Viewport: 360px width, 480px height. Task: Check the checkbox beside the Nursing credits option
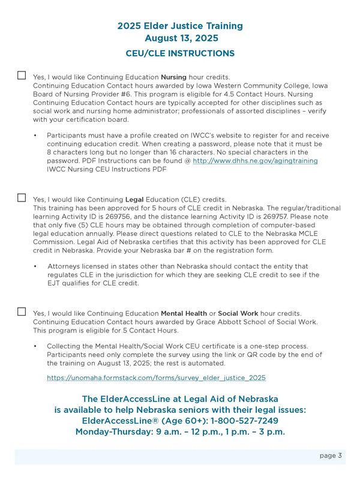[x=22, y=75]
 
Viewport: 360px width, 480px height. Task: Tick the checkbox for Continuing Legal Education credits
[x=22, y=197]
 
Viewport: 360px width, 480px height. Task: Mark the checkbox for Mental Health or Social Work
[x=22, y=311]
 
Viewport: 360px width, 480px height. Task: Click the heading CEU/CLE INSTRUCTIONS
[x=180, y=53]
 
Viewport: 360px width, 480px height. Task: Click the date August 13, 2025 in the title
[x=180, y=38]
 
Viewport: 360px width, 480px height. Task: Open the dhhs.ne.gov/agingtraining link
[x=255, y=161]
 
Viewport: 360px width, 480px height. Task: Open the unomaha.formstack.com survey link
[x=156, y=378]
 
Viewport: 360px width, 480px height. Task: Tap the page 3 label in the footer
[x=331, y=455]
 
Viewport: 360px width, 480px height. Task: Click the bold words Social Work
[x=238, y=313]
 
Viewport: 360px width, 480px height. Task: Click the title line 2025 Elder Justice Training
[x=180, y=26]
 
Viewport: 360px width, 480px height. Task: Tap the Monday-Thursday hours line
[x=180, y=432]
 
